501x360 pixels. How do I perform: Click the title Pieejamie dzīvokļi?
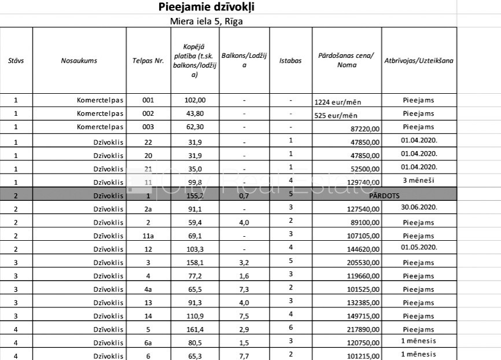(207, 8)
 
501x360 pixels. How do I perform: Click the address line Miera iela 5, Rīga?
(206, 21)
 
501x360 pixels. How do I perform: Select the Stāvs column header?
(16, 60)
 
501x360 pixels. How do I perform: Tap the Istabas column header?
(290, 60)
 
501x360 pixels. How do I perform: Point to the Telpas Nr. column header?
(148, 60)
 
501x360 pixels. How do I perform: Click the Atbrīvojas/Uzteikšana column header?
(418, 60)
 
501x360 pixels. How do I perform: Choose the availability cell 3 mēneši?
(418, 181)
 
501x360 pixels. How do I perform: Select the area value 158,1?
(194, 262)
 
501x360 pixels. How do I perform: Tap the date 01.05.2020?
(418, 248)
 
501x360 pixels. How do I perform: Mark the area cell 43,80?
(194, 113)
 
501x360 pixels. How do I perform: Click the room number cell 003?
(148, 127)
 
